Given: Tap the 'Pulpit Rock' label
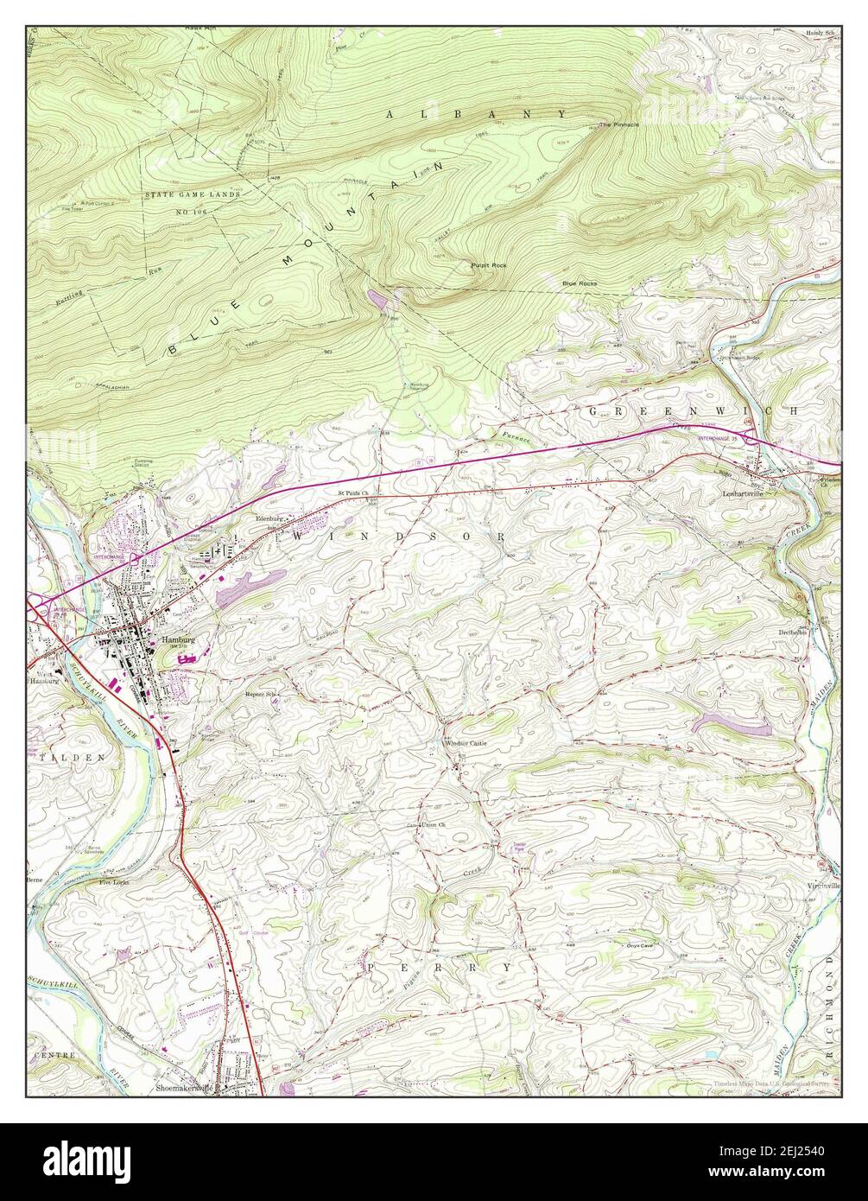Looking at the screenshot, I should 488,264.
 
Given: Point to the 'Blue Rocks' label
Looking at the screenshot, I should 579,283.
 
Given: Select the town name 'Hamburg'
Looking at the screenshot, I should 176,640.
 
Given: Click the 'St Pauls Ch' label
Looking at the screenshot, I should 352,494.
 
